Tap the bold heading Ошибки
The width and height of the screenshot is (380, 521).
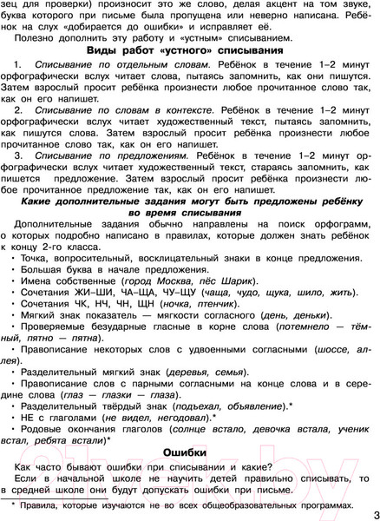[189, 452]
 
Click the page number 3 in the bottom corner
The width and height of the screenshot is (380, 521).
[371, 511]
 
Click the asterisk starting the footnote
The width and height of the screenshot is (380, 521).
[11, 503]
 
